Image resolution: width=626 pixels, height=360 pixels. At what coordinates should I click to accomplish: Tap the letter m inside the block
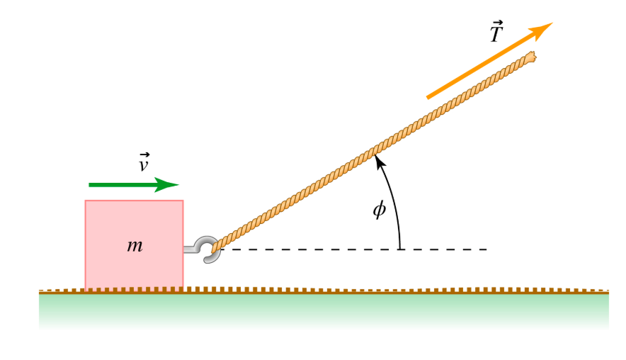(x=135, y=246)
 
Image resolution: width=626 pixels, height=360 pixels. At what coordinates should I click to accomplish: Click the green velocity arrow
(x=127, y=185)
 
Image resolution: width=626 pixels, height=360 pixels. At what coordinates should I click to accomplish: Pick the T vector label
(x=496, y=32)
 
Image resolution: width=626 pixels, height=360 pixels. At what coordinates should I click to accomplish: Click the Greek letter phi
(x=380, y=210)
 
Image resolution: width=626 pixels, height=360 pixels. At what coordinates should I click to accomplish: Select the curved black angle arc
(x=395, y=206)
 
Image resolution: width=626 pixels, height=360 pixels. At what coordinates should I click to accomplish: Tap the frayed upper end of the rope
(x=530, y=57)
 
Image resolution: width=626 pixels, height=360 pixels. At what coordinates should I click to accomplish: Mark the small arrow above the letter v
(x=144, y=154)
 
